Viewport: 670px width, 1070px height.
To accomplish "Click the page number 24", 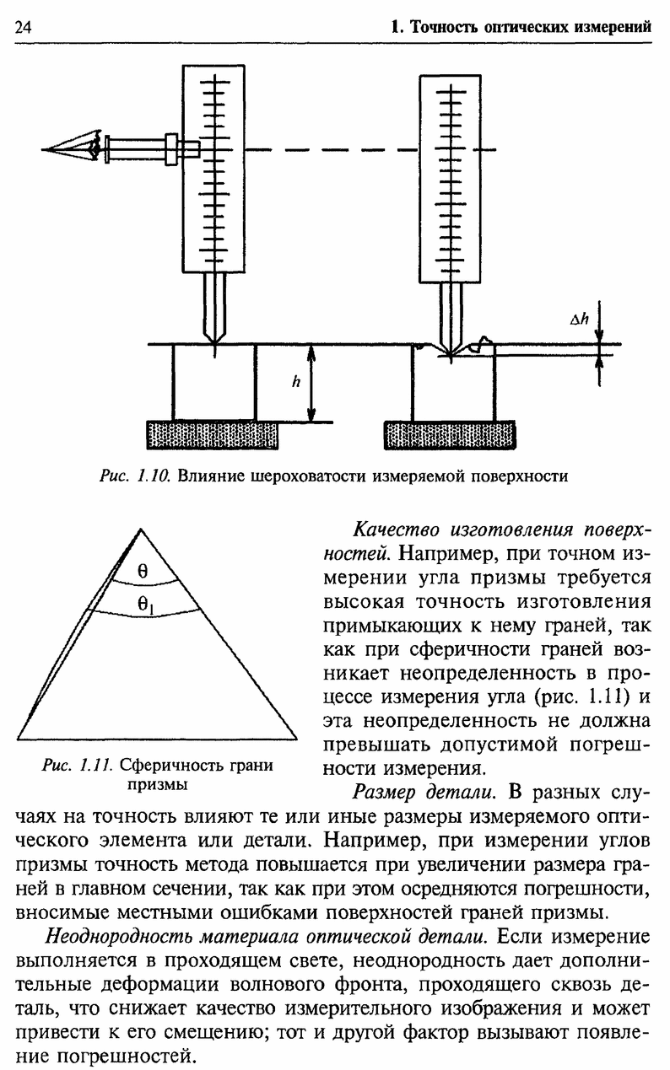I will pyautogui.click(x=23, y=27).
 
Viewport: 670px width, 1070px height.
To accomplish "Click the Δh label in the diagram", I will pyautogui.click(x=578, y=320).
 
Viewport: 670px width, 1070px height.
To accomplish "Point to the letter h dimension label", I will pyautogui.click(x=296, y=381).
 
